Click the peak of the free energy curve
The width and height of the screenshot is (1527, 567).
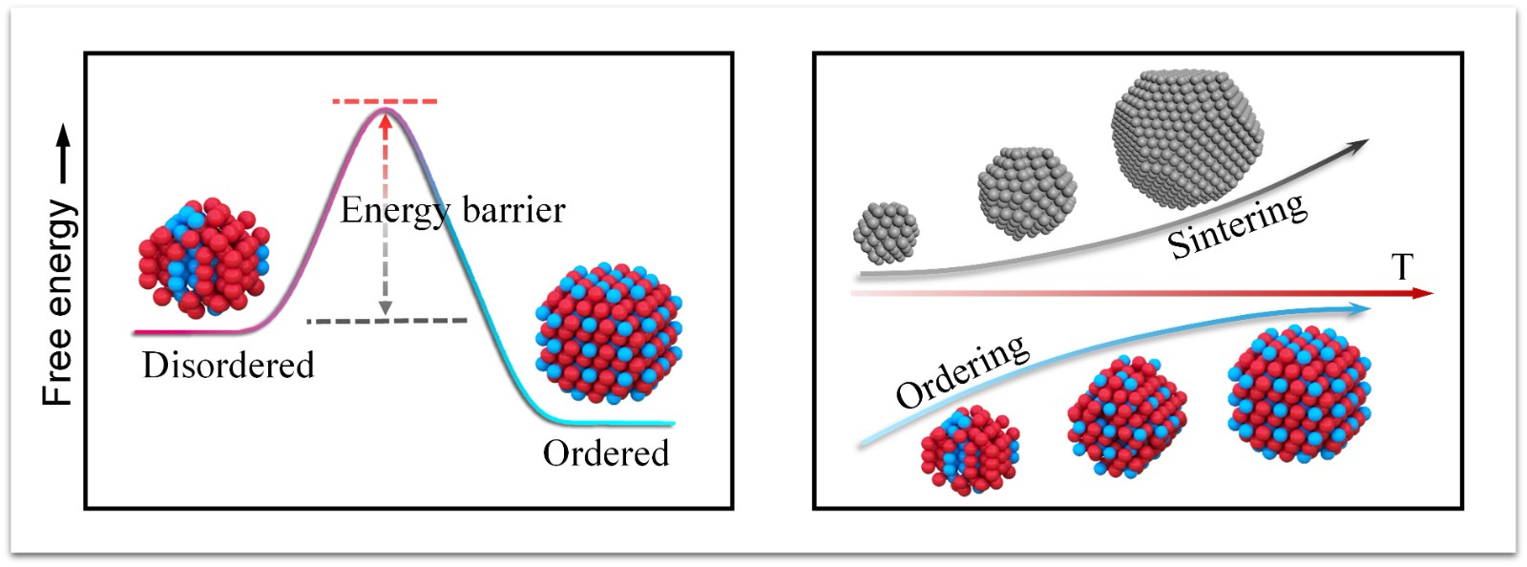386,109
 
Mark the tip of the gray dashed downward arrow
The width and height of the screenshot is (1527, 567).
386,316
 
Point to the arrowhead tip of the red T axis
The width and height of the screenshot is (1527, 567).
1434,293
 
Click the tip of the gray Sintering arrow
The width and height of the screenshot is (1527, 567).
1369,139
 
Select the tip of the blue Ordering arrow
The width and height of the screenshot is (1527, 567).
1370,308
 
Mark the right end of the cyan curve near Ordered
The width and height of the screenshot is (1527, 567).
674,424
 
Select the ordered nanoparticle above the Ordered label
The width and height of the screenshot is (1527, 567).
609,333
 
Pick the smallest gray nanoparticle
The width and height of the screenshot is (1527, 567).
886,233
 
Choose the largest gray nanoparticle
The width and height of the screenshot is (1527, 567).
1187,137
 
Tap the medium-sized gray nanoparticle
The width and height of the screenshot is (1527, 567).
1027,193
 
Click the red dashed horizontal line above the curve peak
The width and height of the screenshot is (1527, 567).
386,101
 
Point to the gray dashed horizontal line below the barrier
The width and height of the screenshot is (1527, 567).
387,321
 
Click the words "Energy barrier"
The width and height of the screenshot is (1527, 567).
452,211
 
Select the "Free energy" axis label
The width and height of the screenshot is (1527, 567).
57,304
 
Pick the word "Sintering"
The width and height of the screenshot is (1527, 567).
1238,225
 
